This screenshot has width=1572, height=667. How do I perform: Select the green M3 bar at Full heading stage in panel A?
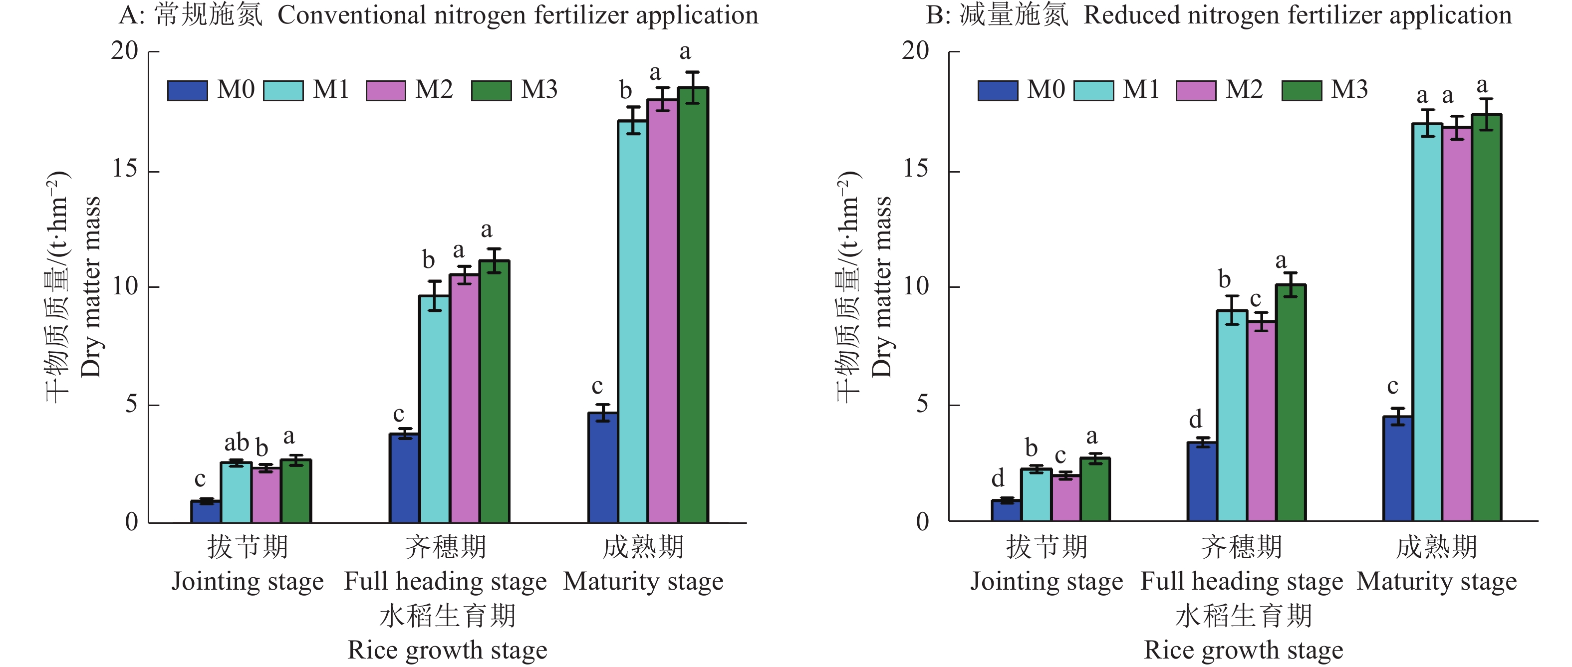coord(494,391)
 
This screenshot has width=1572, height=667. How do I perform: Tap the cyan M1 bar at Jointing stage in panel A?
coord(236,492)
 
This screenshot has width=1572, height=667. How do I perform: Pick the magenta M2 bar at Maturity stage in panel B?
coord(1457,323)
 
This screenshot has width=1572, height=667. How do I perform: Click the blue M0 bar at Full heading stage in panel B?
coord(1202,481)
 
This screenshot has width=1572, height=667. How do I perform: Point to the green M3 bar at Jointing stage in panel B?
coord(1095,489)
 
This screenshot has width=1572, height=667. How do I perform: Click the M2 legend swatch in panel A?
coord(386,90)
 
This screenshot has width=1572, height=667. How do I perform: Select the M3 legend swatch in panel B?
coord(1302,90)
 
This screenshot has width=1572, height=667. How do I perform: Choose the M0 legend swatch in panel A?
coord(187,90)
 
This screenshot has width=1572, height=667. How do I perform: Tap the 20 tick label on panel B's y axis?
coord(915,51)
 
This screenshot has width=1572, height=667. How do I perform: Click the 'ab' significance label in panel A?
coord(236,442)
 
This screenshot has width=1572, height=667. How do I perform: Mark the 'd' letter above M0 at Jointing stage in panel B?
coord(998,478)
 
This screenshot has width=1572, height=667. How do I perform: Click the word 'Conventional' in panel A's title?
coord(351,15)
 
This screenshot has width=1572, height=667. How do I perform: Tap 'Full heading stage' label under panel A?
coord(446,581)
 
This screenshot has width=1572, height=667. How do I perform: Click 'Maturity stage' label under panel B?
coord(1437,581)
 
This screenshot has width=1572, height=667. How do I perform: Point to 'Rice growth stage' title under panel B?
coord(1243,650)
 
